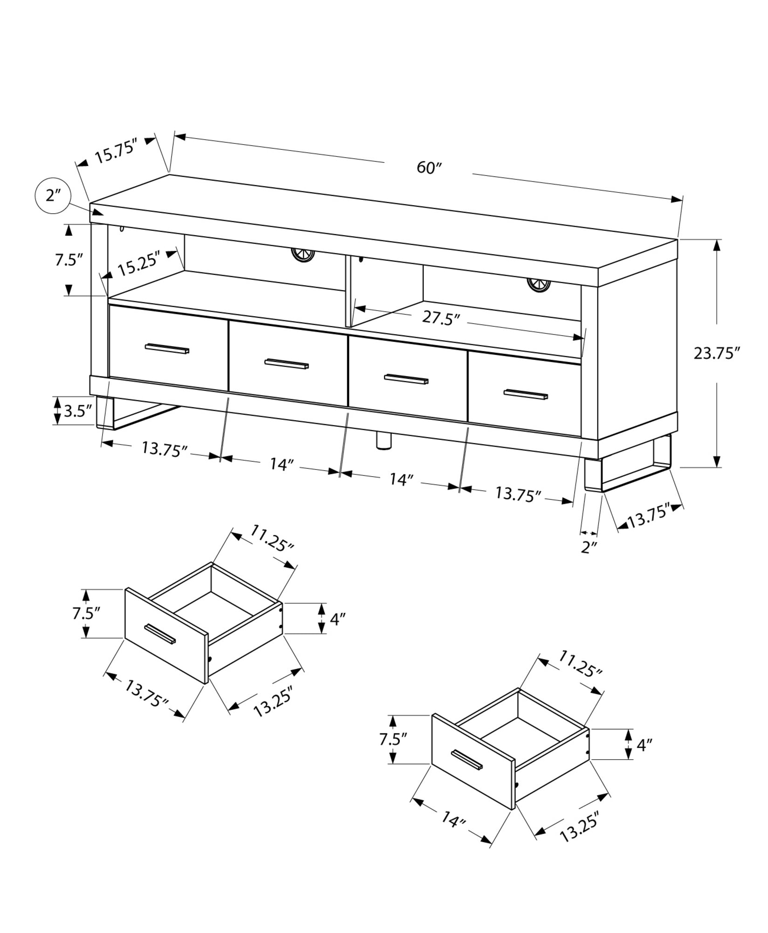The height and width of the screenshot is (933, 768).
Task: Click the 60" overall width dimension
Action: click(428, 167)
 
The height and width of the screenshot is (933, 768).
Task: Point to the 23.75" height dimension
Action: click(717, 353)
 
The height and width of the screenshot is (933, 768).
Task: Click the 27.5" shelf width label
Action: click(441, 319)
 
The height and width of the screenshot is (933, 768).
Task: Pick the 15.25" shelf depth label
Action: click(138, 267)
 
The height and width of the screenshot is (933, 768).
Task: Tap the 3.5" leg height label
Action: click(77, 411)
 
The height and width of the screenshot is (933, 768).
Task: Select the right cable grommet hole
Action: click(539, 284)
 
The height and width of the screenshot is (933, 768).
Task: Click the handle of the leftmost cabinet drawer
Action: click(167, 348)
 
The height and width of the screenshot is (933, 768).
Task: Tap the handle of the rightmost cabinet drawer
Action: click(526, 394)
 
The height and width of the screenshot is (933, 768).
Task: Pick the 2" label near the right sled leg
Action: click(590, 547)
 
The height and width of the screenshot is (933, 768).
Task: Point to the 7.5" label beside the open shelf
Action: click(69, 260)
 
